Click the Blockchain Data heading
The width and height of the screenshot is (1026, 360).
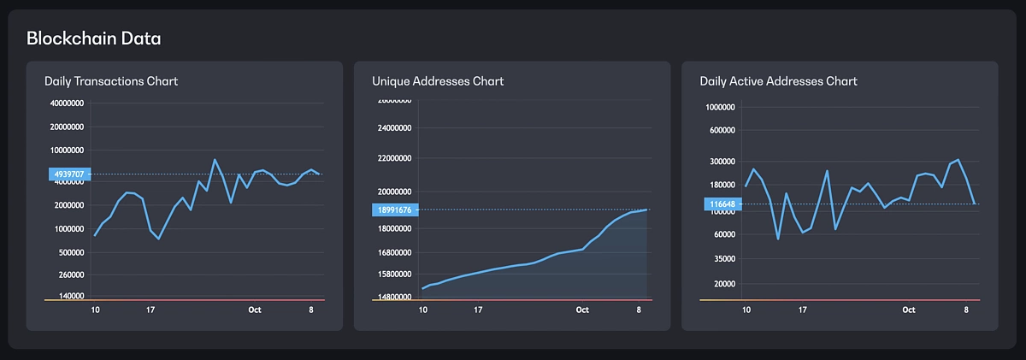94,38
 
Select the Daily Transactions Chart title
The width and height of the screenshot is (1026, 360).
111,81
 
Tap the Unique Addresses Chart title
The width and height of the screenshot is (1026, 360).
438,81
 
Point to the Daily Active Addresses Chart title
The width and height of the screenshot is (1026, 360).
778,81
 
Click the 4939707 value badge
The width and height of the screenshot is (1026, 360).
68,174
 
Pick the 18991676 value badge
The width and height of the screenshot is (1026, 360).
395,210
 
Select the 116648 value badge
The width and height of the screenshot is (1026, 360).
723,204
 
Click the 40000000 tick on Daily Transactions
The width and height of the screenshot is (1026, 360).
68,103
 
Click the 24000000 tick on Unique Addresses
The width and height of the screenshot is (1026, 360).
395,128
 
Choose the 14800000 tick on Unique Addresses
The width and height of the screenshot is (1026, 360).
395,297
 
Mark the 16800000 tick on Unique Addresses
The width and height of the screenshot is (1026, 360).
395,253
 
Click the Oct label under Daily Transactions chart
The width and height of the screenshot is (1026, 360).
255,310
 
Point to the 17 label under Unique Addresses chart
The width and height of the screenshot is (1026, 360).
478,310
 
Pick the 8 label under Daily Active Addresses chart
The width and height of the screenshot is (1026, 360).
966,310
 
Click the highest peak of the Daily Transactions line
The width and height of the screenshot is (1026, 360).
215,160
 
